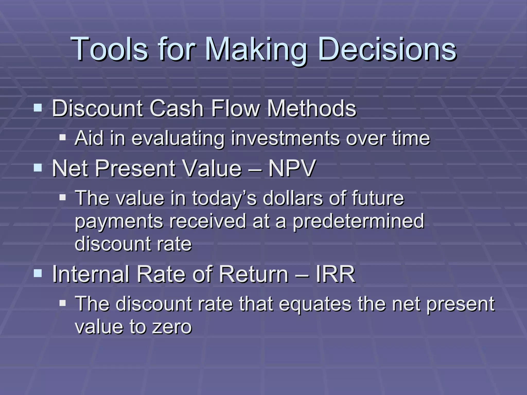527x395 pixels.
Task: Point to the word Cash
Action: coord(177,108)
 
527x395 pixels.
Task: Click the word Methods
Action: coord(312,108)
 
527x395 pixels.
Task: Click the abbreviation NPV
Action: coord(292,168)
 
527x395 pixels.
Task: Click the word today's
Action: coord(224,199)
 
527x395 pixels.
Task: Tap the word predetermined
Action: coord(358,221)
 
